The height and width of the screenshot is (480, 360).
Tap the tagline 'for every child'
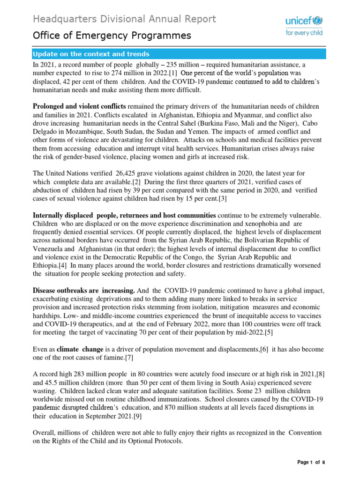point(305,37)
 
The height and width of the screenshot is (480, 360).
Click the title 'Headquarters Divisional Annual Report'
point(124,19)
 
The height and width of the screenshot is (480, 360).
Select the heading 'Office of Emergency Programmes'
point(112,36)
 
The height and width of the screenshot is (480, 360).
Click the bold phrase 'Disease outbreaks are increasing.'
point(84,291)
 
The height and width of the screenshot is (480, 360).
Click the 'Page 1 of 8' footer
point(311,462)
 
